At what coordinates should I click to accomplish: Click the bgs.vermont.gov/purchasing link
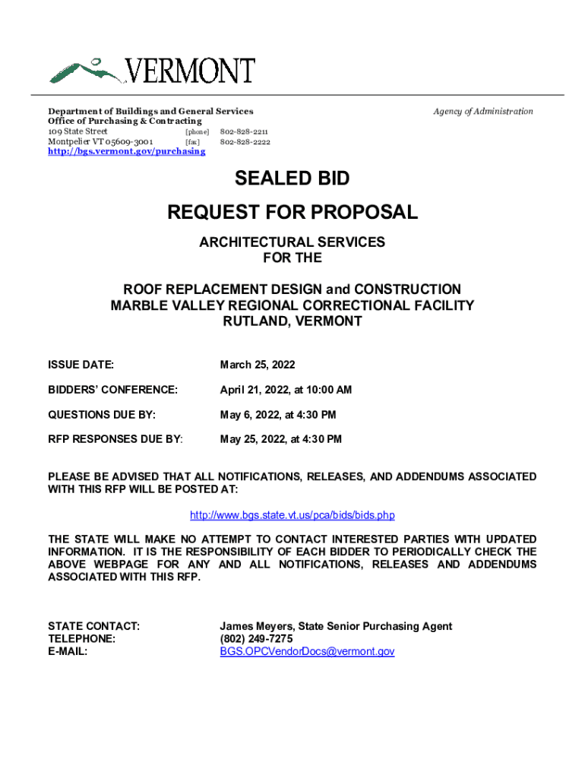point(126,151)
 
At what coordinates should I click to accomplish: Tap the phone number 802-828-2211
point(244,131)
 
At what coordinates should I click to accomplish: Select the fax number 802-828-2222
point(245,141)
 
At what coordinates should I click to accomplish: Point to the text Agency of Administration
point(483,112)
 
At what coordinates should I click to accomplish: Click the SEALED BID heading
point(292,179)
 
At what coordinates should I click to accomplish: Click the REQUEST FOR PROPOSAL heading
point(292,212)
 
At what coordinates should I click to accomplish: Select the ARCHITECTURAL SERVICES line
point(292,242)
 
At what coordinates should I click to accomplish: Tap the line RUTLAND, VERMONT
point(292,321)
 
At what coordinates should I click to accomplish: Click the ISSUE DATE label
point(81,365)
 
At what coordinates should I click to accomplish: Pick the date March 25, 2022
point(258,365)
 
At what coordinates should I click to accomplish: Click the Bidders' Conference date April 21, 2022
point(286,390)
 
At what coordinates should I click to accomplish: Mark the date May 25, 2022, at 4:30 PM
point(280,439)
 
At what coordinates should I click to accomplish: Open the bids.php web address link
point(292,515)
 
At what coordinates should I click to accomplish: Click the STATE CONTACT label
point(93,626)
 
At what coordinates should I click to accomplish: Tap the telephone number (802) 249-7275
point(256,639)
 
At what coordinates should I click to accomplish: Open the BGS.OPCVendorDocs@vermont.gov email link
point(307,651)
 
